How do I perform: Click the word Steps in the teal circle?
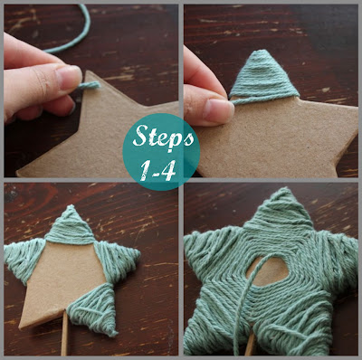point(164,137)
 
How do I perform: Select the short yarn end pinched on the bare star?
point(87,85)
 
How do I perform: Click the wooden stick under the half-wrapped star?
point(64,344)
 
